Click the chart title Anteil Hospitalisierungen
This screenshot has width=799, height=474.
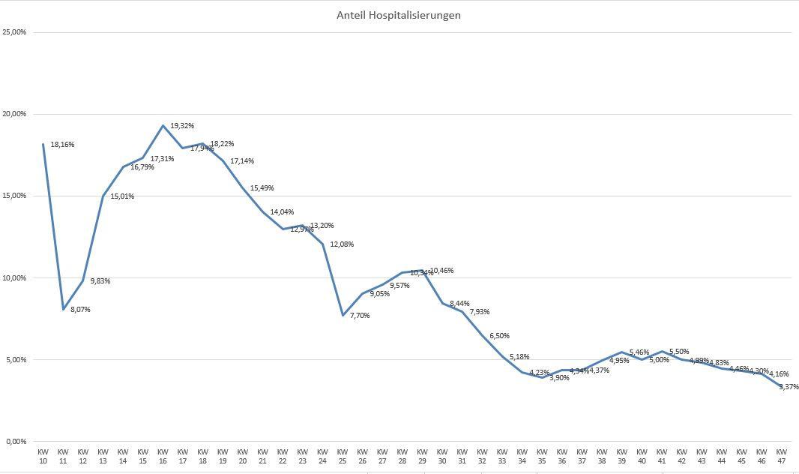[x=398, y=15]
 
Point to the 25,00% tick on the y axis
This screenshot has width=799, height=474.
[x=14, y=32]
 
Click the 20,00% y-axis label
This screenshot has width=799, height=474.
[x=14, y=114]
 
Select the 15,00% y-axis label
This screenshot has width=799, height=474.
[x=14, y=196]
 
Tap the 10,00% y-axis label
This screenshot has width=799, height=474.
[x=14, y=277]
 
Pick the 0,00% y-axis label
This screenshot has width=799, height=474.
[x=16, y=441]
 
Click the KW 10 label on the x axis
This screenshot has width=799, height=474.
[x=43, y=456]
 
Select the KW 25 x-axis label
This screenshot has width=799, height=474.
[x=342, y=456]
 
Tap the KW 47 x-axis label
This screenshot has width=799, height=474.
[x=781, y=456]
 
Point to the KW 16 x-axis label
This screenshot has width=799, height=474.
[x=163, y=456]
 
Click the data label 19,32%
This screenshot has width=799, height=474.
[x=182, y=125]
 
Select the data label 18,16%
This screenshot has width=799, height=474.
[x=62, y=144]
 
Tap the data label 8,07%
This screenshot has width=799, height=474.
[x=80, y=309]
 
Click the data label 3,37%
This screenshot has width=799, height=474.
[x=789, y=386]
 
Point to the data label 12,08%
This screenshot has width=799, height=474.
[x=342, y=244]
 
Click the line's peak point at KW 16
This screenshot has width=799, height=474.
[x=163, y=125]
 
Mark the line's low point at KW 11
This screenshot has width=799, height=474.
[x=63, y=309]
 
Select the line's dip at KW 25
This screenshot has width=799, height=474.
[x=343, y=315]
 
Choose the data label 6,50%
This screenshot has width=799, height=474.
[x=499, y=335]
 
